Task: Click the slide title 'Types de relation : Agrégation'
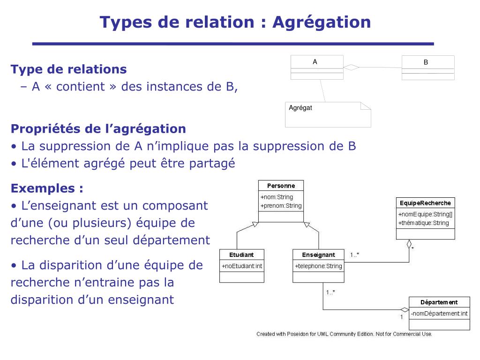tap(235, 22)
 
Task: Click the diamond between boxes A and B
tap(351, 67)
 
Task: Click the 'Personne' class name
tap(281, 186)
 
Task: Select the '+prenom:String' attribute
tap(281, 206)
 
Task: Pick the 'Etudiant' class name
tap(241, 255)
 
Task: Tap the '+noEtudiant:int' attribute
tap(242, 266)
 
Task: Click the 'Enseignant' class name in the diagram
tap(319, 255)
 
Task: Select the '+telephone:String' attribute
tap(319, 266)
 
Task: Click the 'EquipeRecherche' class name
tap(425, 203)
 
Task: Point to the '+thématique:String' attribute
tap(424, 223)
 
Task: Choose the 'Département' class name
tap(439, 302)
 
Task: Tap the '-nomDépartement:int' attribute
tap(439, 314)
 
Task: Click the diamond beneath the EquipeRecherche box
tap(409, 244)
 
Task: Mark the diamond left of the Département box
tap(405, 310)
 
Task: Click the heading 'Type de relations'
tap(68, 69)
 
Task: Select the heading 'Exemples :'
tap(47, 188)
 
